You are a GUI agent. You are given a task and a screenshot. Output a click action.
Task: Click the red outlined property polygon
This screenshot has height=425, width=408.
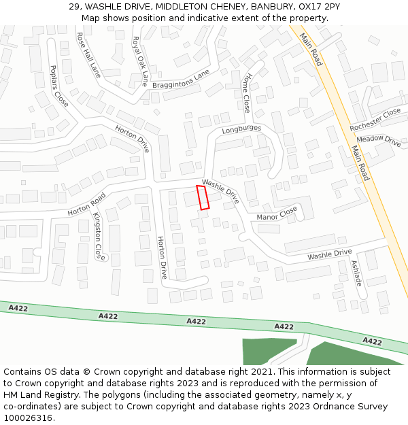click(x=203, y=197)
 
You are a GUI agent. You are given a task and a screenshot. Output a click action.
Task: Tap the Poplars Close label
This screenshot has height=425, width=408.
click(x=59, y=86)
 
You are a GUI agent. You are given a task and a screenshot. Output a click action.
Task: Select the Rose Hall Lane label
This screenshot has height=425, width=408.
click(x=88, y=54)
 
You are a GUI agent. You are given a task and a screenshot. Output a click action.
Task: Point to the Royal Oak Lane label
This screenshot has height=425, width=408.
click(x=140, y=61)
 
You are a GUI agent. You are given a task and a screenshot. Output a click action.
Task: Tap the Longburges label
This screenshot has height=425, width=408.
click(x=241, y=128)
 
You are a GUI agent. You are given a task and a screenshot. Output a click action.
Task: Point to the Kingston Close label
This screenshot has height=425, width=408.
click(x=99, y=236)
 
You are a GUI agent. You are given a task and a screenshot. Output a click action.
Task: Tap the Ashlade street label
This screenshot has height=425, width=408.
click(x=357, y=272)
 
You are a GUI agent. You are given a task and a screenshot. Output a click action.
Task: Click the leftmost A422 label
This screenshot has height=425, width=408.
click(x=18, y=308)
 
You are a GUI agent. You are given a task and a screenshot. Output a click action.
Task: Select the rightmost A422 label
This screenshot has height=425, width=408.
click(x=372, y=341)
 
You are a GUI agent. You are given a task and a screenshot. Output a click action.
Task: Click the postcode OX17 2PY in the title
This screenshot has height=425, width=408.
click(x=319, y=6)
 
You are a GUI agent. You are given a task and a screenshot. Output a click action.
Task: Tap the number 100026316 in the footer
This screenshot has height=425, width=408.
click(x=29, y=418)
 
